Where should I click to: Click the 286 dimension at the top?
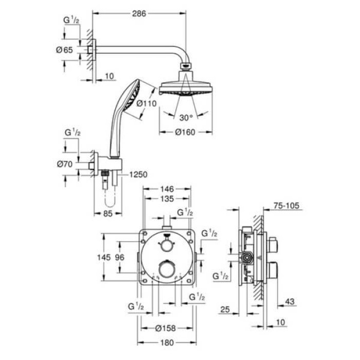point(138,14)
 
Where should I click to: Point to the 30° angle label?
point(186,116)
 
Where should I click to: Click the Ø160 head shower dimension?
point(185,132)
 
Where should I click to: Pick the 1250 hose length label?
point(137,174)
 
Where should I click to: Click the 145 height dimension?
point(104,257)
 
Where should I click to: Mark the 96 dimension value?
point(120,257)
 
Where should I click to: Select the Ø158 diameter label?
point(165,327)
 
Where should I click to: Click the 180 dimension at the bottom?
point(165,341)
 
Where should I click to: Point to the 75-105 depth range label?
point(286,205)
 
